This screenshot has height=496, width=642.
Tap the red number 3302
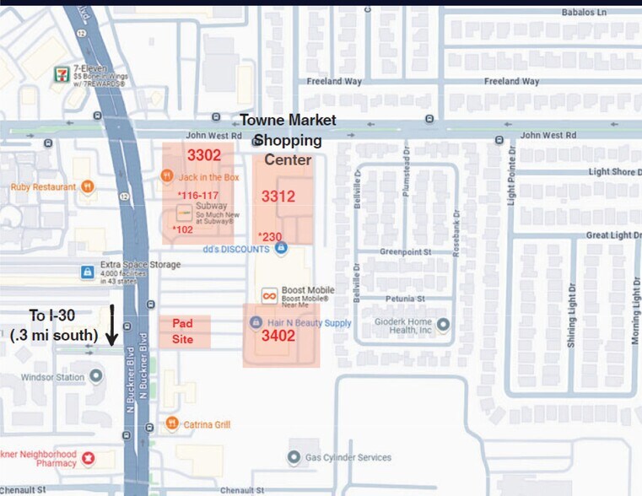203,155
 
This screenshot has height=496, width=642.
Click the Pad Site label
183,331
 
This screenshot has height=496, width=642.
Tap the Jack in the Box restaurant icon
167,176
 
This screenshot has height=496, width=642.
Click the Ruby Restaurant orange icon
88,187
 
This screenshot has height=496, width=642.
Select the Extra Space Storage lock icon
86,272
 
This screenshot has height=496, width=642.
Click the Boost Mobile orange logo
269,296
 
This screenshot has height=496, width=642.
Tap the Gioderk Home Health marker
444,325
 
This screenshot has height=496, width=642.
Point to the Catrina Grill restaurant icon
171,423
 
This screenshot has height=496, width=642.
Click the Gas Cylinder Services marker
294,457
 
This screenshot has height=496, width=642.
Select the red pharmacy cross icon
87,459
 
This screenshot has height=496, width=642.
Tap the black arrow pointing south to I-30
111,326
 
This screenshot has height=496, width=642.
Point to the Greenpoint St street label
405,251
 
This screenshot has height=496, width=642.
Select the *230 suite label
270,236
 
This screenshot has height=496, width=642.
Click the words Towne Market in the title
288,121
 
